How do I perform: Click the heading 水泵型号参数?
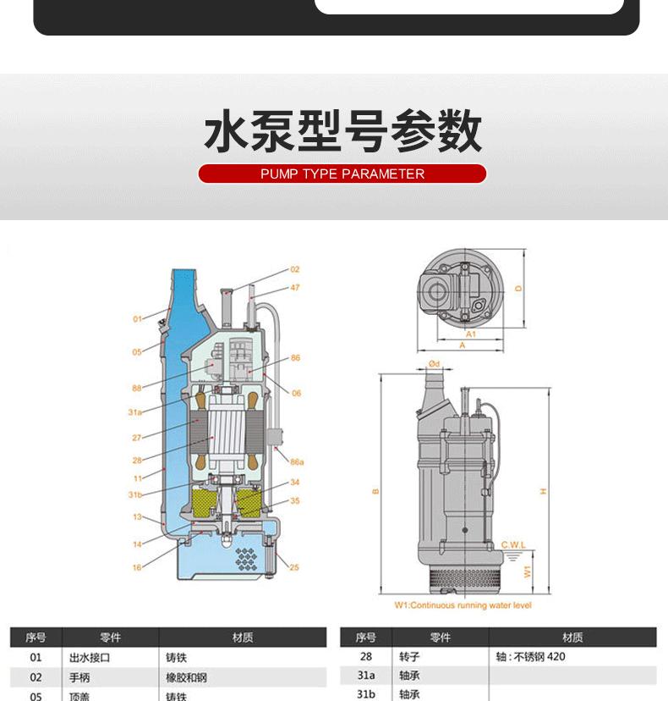point(342,132)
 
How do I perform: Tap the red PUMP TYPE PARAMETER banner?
point(342,174)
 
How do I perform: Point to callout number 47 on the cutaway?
point(295,288)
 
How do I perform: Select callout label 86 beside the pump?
point(295,358)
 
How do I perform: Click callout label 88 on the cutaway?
point(137,389)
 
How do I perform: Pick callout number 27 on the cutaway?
point(136,438)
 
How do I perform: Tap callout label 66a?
point(296,462)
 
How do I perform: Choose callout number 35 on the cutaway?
point(294,500)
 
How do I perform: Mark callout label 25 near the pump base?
point(293,567)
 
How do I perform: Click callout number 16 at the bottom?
point(137,568)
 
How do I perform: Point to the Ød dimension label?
point(434,363)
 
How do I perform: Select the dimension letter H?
point(544,491)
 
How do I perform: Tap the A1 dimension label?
point(471,334)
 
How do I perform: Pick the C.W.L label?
point(513,544)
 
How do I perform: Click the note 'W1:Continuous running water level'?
point(463,605)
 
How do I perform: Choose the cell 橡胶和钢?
point(186,677)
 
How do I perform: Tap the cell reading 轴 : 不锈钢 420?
point(531,657)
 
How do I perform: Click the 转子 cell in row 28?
point(409,657)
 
